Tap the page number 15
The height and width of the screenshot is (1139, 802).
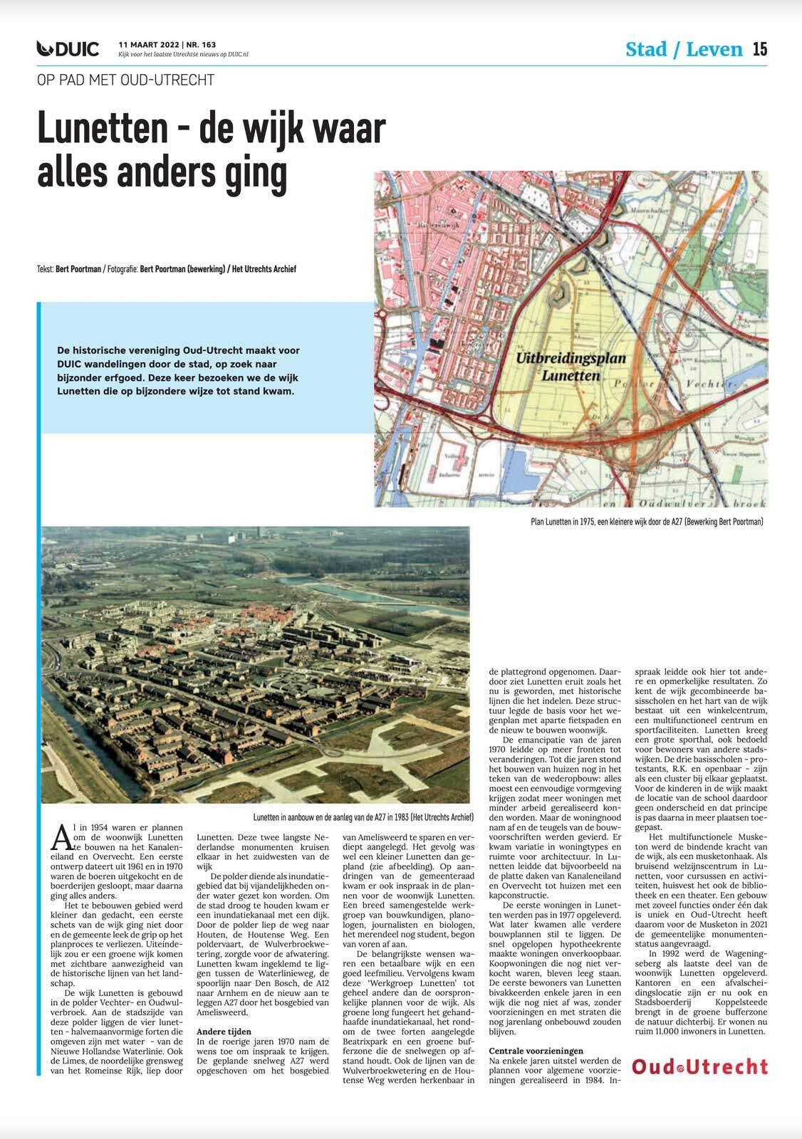pyautogui.click(x=759, y=48)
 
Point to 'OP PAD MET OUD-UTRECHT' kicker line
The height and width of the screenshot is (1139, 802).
pyautogui.click(x=125, y=80)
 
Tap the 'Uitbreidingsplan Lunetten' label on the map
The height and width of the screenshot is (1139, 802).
pyautogui.click(x=570, y=367)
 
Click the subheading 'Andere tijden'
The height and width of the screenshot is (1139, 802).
pyautogui.click(x=224, y=1032)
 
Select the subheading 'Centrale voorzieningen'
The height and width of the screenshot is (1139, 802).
pyautogui.click(x=536, y=1051)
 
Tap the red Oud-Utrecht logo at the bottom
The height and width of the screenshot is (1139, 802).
pyautogui.click(x=700, y=1066)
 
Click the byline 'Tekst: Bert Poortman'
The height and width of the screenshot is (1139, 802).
pyautogui.click(x=71, y=269)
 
